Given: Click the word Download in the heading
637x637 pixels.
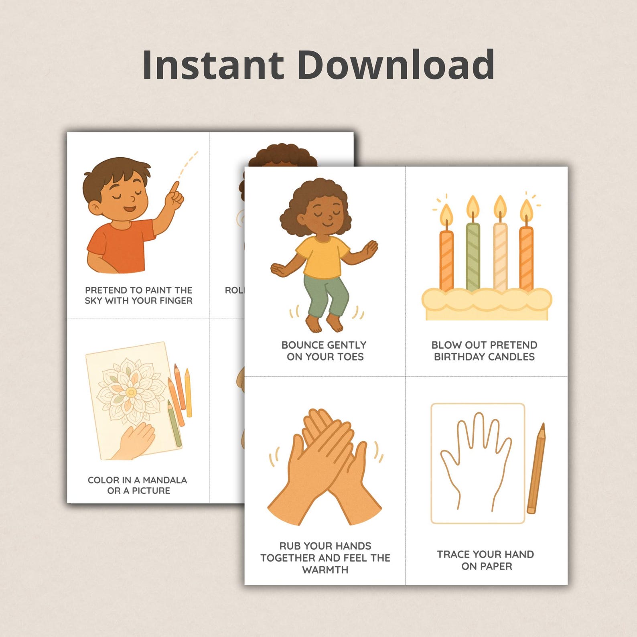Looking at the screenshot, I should tap(395, 65).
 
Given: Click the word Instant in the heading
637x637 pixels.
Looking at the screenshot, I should tap(213, 65).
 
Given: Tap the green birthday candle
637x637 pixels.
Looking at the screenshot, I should tap(473, 257).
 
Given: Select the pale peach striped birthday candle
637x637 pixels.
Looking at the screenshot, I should tap(500, 257).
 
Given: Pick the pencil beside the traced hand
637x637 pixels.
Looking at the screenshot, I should tap(536, 469).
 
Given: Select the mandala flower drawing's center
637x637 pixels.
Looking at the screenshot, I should tap(131, 392).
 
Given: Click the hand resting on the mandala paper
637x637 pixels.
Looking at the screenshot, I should tap(136, 441).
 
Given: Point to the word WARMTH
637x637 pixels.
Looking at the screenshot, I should tap(325, 570).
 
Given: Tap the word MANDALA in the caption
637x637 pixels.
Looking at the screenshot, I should tap(164, 480).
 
